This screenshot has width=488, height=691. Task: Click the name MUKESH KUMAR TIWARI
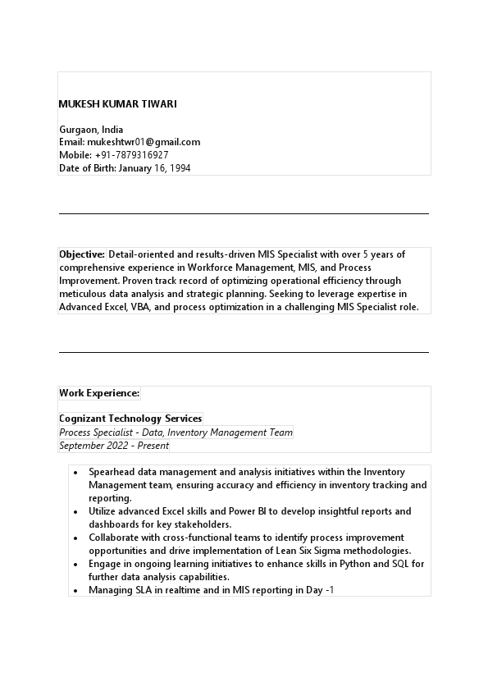click(117, 104)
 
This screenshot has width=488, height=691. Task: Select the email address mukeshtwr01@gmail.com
click(144, 142)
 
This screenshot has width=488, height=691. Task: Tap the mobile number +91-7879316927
click(131, 155)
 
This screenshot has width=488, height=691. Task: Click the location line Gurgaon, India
click(91, 130)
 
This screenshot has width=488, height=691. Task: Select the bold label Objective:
click(82, 254)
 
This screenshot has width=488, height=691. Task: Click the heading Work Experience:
click(99, 393)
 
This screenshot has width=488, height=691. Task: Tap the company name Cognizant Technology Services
click(130, 419)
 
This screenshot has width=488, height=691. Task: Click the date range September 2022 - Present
click(114, 446)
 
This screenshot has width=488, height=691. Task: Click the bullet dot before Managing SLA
click(75, 590)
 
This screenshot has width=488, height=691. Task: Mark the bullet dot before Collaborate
click(75, 538)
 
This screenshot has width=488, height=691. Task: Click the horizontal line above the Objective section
click(244, 213)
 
